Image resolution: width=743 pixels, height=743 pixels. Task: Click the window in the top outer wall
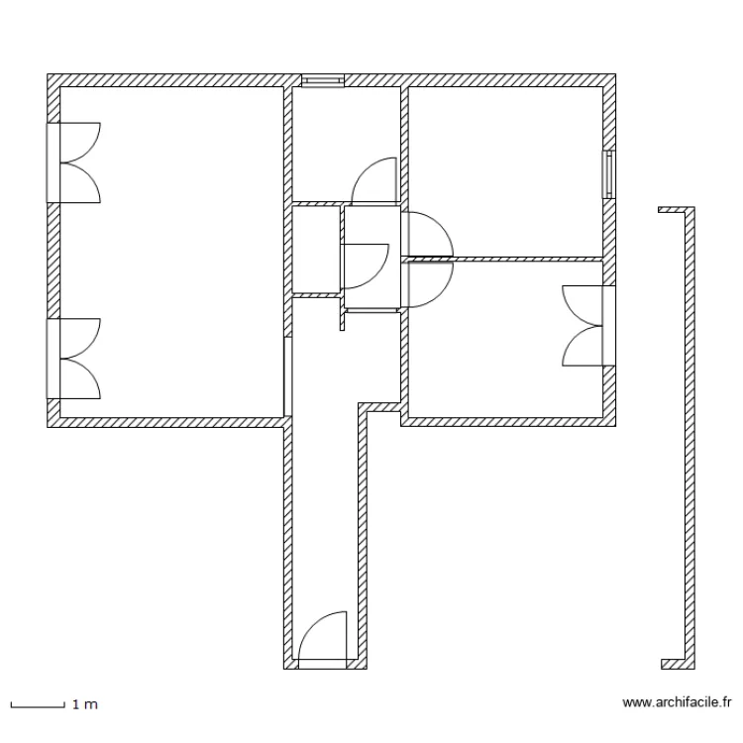pos(323,80)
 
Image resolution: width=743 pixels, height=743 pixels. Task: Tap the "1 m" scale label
pos(84,704)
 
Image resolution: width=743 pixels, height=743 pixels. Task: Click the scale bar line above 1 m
pos(38,703)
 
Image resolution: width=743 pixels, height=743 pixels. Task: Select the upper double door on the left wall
pos(74,161)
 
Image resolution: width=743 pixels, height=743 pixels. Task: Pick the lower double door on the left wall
pos(74,358)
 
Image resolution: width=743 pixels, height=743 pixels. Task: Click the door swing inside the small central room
pos(367,265)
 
